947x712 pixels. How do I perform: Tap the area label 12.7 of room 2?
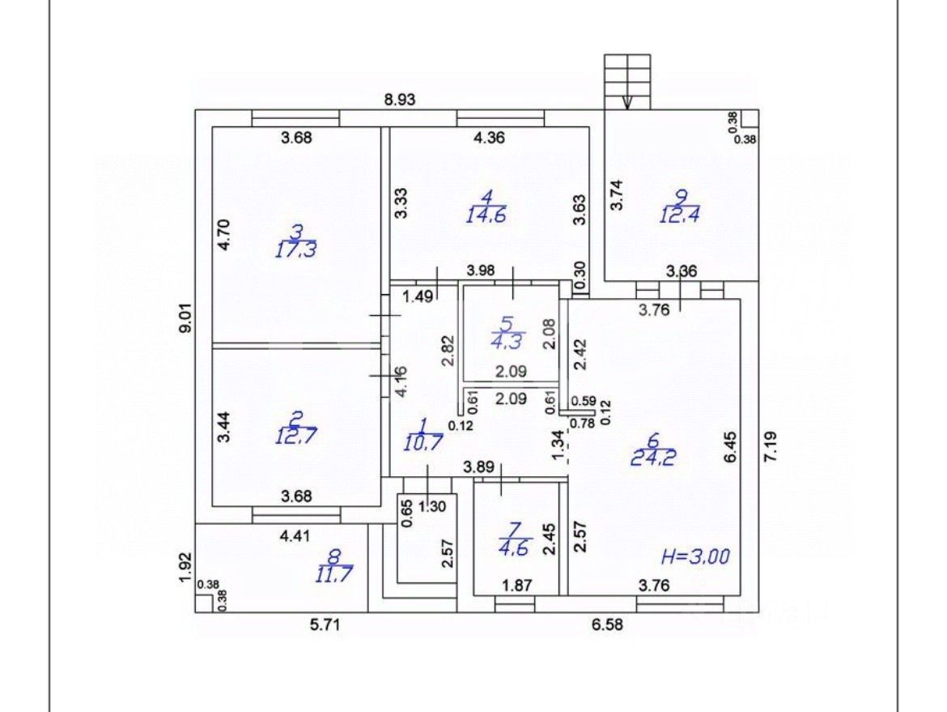tap(296, 436)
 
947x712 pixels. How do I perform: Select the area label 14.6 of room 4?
tap(486, 215)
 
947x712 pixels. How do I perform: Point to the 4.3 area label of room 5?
tap(507, 342)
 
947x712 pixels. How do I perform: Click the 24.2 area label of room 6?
tap(653, 458)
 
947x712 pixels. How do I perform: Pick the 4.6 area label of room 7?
tap(514, 548)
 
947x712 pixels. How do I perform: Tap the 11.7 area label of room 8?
tap(333, 573)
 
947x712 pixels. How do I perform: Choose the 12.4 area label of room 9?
tap(679, 215)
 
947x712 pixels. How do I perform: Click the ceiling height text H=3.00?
tap(696, 556)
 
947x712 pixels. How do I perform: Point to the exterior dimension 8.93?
tap(400, 99)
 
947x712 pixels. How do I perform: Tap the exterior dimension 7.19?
tap(770, 446)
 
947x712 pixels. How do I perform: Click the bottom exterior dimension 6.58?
tap(607, 625)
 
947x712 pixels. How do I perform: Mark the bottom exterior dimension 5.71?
tap(325, 625)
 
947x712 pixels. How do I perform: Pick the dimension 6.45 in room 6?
tap(731, 446)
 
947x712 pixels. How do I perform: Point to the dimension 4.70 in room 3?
tap(224, 235)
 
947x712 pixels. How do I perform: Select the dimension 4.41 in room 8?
tap(296, 535)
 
